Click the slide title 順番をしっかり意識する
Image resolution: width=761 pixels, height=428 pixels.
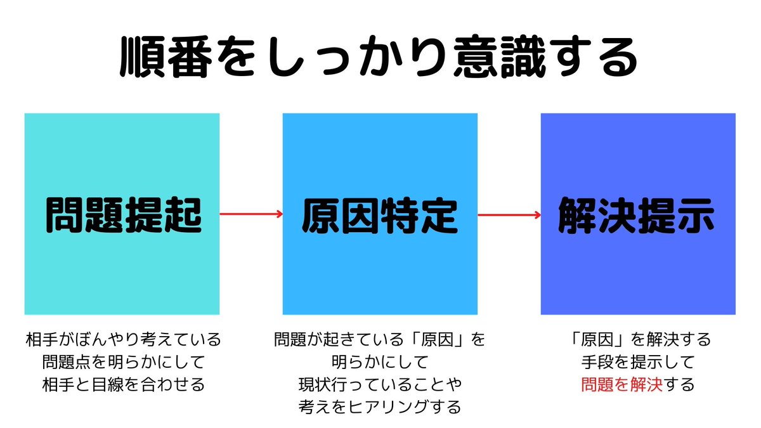click(x=379, y=59)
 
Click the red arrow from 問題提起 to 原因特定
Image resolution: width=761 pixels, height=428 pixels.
click(x=251, y=214)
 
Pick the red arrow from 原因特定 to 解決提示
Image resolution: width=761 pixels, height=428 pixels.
click(x=509, y=214)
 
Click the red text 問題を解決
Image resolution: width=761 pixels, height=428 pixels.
click(x=621, y=384)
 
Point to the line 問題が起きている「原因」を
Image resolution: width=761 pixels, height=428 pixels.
click(x=380, y=339)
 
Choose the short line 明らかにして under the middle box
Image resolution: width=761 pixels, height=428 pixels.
click(x=380, y=362)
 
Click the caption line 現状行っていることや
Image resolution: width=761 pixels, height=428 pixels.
click(x=380, y=384)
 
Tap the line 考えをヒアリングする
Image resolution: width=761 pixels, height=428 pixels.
click(x=380, y=407)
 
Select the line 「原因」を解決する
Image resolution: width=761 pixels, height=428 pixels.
click(x=638, y=339)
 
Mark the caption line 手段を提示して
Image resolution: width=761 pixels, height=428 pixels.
click(x=638, y=362)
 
